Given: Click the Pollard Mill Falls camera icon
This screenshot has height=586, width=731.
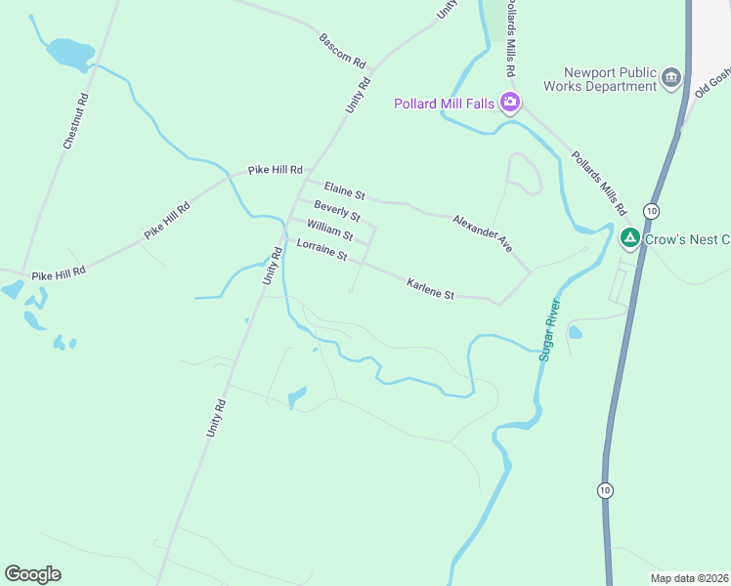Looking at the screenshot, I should point(509,103).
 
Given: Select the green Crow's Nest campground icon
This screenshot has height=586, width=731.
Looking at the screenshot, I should point(630,237).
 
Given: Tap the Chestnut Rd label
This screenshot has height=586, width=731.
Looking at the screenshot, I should point(75,121).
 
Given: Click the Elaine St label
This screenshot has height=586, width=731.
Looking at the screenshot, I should point(344,188).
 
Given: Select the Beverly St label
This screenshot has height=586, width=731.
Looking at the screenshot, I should point(337,210).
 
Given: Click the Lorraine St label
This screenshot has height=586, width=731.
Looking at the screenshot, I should point(322,250).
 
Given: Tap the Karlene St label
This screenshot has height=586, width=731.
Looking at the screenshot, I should point(430,289).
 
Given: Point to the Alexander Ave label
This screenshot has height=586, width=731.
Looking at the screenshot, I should point(482,234).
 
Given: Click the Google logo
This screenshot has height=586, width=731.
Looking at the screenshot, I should point(32,574).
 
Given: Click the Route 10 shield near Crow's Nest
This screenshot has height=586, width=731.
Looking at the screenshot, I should point(651,211).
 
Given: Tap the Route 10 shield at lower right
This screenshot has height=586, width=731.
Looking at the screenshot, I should point(606,489).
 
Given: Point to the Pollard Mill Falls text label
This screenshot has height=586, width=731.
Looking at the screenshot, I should point(444,104).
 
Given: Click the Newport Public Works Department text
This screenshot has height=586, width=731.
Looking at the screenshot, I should point(614,79).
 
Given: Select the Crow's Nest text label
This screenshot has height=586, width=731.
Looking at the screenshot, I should point(687,239).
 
